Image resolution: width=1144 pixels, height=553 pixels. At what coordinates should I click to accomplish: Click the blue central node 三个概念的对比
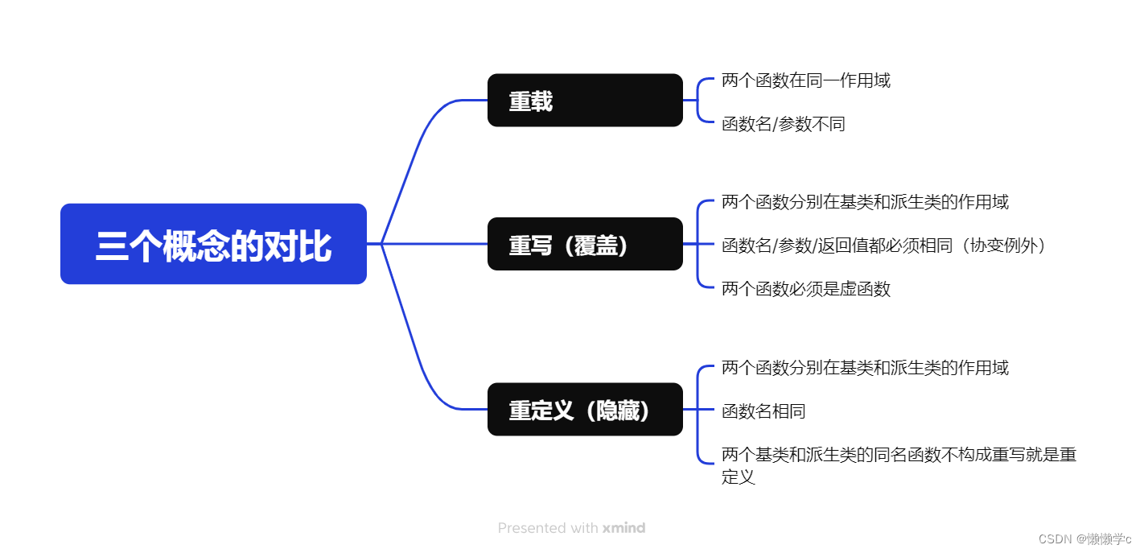(213, 244)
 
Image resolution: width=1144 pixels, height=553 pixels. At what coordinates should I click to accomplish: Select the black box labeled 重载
(585, 101)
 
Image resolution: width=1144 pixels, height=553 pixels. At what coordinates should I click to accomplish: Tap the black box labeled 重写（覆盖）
(585, 244)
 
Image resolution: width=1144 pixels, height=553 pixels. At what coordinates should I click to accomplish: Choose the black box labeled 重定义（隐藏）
(585, 410)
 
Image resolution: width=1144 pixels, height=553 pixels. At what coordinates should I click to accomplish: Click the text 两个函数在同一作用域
(806, 80)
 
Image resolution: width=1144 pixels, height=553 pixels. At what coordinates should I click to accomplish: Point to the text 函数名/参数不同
(784, 124)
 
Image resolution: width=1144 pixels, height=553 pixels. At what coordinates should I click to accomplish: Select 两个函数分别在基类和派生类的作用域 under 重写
(865, 201)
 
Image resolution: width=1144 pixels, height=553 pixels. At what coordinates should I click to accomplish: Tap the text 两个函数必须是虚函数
(806, 289)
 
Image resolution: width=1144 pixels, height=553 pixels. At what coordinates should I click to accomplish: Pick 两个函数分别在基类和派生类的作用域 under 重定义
(865, 368)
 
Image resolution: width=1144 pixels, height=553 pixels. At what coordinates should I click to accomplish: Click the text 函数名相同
(763, 411)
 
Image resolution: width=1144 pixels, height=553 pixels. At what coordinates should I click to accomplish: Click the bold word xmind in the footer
(624, 528)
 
